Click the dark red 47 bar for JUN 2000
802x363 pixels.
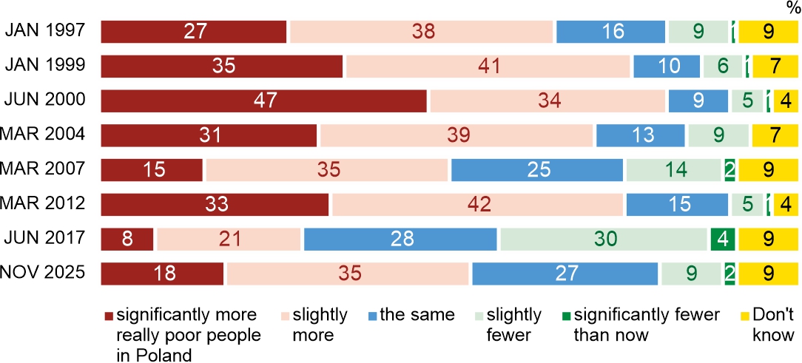click(263, 101)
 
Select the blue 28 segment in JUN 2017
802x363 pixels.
click(400, 239)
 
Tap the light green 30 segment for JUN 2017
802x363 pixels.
click(603, 239)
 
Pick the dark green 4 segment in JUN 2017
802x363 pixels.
click(721, 239)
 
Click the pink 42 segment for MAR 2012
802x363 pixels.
click(477, 204)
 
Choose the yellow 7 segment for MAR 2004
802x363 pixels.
click(775, 135)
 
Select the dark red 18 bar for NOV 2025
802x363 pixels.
click(161, 274)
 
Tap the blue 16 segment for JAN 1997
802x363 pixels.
click(610, 32)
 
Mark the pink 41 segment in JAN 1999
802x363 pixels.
click(488, 66)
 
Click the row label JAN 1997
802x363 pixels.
click(45, 31)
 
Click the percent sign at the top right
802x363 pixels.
click(792, 7)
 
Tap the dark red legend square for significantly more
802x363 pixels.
click(107, 316)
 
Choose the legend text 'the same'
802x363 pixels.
click(417, 315)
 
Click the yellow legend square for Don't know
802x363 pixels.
click(745, 316)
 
